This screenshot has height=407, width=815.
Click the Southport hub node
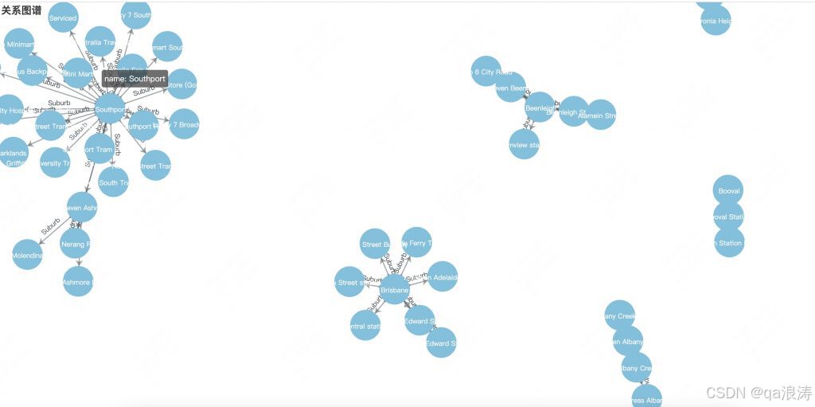point(110,109)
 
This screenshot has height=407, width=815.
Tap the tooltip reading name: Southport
point(135,79)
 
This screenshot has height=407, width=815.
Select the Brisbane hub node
point(395,290)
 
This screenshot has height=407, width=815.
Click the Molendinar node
point(27,255)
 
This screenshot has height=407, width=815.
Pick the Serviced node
point(63,18)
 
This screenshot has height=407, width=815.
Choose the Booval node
point(728,191)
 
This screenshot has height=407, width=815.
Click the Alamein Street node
point(600,115)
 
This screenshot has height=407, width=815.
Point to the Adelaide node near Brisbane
point(443,277)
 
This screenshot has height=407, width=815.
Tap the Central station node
point(365,325)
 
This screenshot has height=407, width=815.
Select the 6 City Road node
point(485,72)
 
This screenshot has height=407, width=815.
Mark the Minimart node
point(19,45)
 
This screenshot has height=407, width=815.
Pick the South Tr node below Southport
point(113,182)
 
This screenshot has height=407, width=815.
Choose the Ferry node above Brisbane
point(416,243)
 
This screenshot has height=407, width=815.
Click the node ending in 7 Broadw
point(184,125)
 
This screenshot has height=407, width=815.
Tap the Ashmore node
point(77,281)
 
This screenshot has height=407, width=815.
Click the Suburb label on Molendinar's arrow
point(51,225)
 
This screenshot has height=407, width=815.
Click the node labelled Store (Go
point(181,84)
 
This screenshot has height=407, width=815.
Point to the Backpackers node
point(32,71)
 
